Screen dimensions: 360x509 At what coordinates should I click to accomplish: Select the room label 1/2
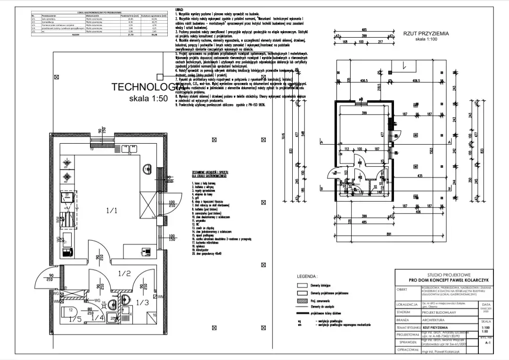124,273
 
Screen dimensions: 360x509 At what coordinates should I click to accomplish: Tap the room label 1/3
142,302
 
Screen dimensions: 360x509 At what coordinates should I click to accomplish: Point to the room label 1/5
75,319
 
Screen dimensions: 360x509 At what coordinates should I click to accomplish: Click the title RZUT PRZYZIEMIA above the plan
426,33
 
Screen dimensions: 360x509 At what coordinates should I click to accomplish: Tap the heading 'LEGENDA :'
307,277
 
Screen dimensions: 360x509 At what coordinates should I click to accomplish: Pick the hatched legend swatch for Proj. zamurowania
302,300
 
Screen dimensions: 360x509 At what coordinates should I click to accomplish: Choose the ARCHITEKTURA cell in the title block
434,319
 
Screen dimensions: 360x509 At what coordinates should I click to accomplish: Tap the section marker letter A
321,141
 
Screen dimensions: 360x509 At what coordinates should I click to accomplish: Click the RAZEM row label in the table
75,35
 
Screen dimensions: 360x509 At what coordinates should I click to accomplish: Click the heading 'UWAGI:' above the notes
180,9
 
